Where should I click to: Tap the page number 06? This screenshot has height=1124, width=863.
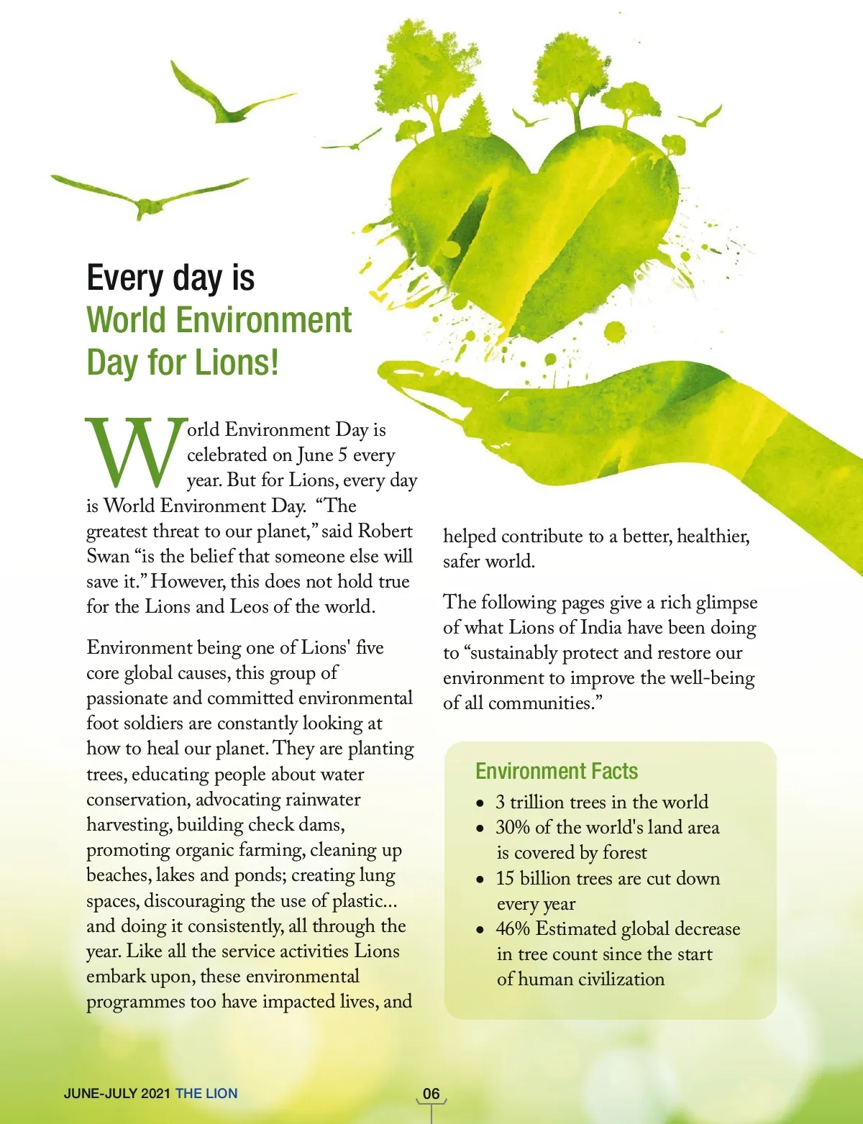pos(431,1094)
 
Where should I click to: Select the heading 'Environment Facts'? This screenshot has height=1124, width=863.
pos(557,771)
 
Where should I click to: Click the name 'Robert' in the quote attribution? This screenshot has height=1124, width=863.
pos(385,531)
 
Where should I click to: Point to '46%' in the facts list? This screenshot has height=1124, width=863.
pos(513,928)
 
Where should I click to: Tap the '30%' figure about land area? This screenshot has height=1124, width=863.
pos(512,827)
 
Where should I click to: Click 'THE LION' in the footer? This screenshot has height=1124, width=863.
pos(206,1094)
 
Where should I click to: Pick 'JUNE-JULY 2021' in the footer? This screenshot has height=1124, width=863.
pos(117,1094)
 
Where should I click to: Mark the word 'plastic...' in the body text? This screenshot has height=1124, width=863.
pos(365,901)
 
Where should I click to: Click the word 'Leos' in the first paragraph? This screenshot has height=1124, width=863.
pos(249,606)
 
